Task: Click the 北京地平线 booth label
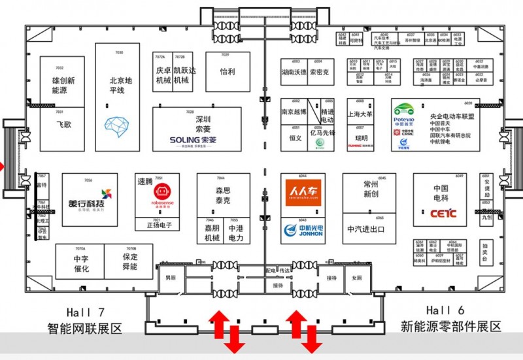[x=120, y=85]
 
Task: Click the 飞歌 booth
[x=63, y=123]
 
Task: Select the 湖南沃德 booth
[x=294, y=72]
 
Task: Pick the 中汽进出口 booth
[x=365, y=229]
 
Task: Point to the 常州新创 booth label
[x=371, y=189]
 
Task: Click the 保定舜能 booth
[x=129, y=262]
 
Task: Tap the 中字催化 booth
[x=80, y=263]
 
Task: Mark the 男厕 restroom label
[x=171, y=278]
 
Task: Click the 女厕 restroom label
[x=356, y=278]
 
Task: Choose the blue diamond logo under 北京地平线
[x=118, y=125]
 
